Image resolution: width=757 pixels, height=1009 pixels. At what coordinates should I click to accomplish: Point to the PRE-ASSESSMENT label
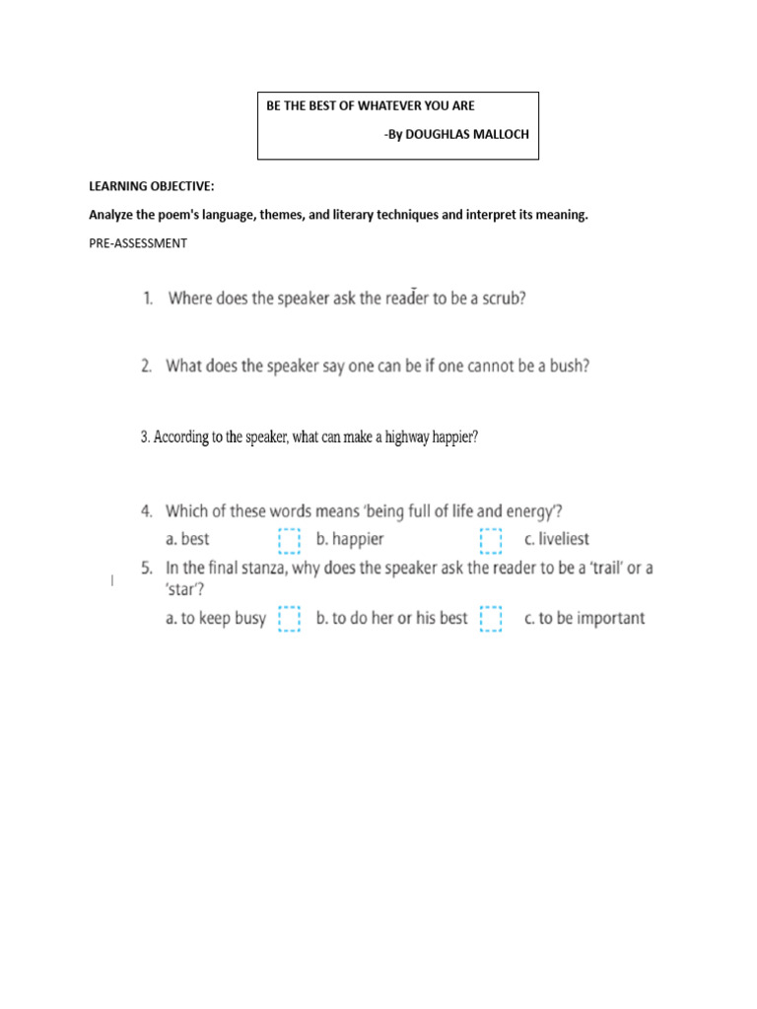(x=137, y=242)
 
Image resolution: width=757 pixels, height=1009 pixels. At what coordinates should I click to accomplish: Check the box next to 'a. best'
(x=288, y=540)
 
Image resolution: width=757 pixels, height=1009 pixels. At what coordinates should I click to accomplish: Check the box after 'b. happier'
(x=490, y=540)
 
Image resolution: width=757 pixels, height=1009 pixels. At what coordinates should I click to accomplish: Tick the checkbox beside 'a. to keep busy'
(x=288, y=619)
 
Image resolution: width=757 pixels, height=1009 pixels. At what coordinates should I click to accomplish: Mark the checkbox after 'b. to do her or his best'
(x=490, y=619)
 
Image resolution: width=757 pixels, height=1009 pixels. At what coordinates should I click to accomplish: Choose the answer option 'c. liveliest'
(x=557, y=540)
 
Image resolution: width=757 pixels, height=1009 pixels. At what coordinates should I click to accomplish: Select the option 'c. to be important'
(x=585, y=619)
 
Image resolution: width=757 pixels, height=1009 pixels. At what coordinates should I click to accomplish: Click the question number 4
(x=147, y=511)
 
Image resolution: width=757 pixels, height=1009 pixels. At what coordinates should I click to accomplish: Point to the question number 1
(x=147, y=299)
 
